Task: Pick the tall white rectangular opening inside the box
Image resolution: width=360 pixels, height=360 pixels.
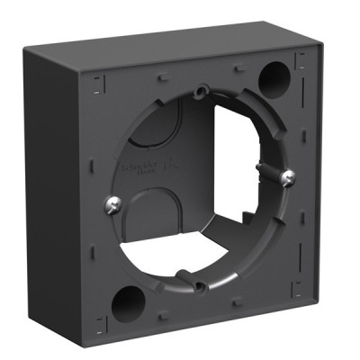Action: coord(243,153)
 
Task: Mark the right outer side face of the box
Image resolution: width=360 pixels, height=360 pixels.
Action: coord(335,180)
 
